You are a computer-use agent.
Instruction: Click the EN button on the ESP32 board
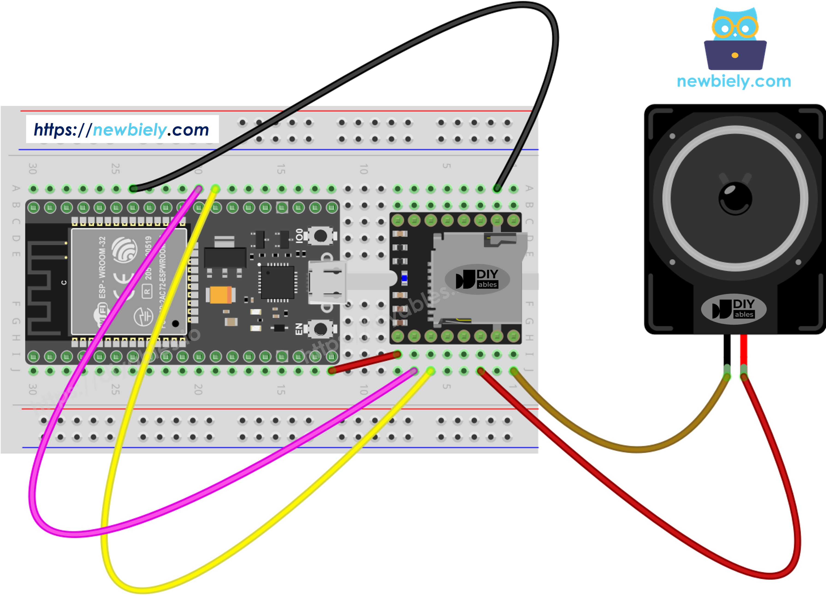[x=320, y=329]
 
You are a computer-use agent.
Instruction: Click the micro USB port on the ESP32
[x=327, y=282]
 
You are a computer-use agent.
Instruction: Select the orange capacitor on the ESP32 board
[x=220, y=295]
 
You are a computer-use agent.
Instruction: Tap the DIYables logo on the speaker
[x=734, y=309]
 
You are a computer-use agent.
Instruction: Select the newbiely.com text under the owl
[x=734, y=81]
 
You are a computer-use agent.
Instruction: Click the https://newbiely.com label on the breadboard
[x=122, y=130]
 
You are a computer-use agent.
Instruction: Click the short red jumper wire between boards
[x=364, y=362]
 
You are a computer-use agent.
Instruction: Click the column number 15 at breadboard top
[x=281, y=168]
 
